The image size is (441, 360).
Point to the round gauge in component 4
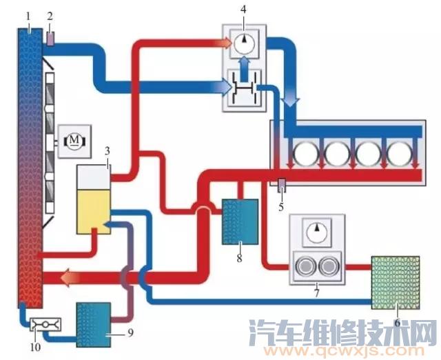[x=242, y=43]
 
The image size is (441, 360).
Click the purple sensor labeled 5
[x=281, y=186]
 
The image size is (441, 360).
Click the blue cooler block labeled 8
[x=240, y=221]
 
